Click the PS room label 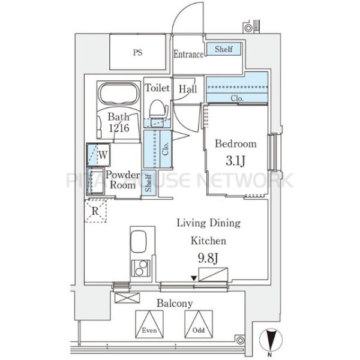point(138,53)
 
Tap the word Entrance point(188,54)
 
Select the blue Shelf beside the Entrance point(224,49)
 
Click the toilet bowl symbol point(158,109)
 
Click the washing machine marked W point(98,155)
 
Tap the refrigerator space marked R point(95,211)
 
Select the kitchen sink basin point(139,242)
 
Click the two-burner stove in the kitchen point(140,268)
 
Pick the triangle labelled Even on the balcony point(149,324)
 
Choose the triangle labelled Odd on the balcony point(199,324)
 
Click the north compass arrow point(271,340)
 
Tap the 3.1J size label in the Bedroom point(236,161)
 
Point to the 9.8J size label point(208,258)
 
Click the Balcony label point(175,304)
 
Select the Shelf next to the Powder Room point(149,183)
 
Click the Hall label point(188,89)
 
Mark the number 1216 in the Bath point(119,128)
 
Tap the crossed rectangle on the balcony point(127,298)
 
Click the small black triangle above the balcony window point(194,278)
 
